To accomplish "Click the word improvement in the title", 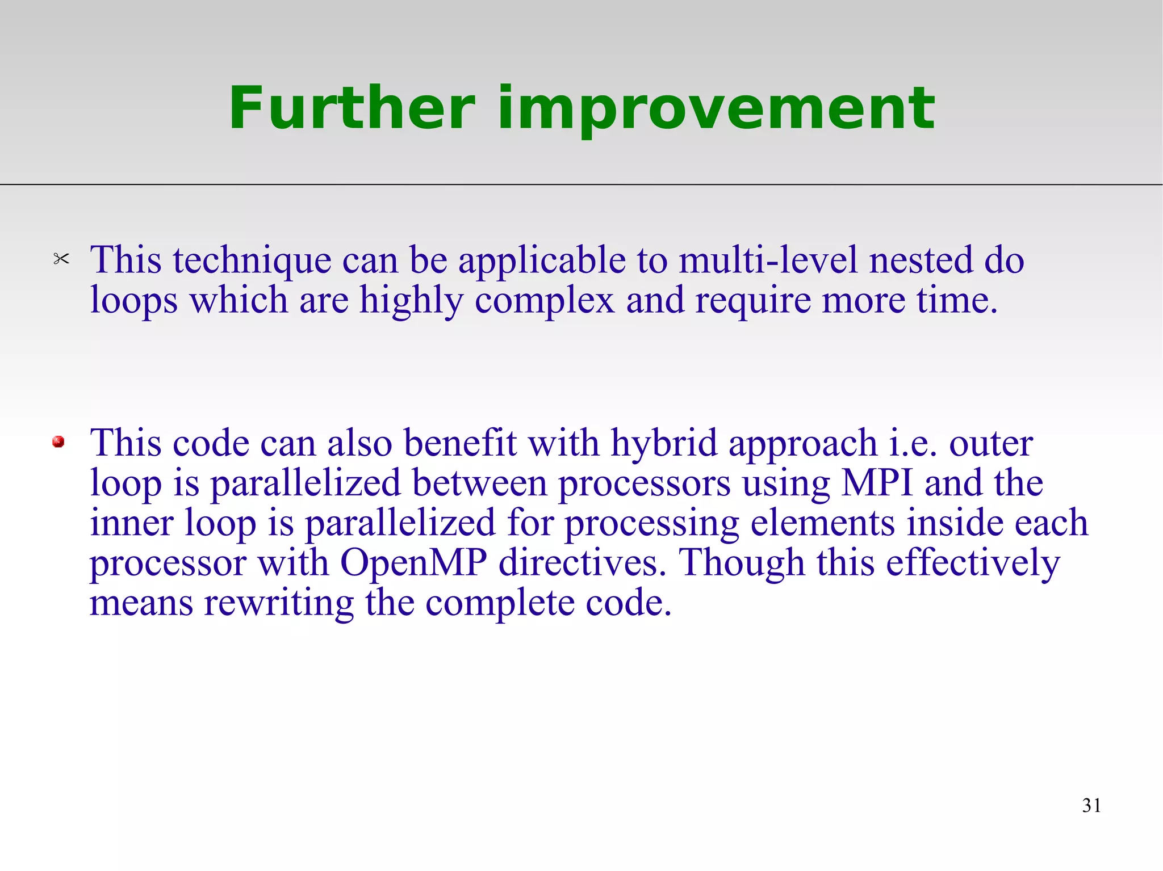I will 716,109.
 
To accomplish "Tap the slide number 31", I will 1091,805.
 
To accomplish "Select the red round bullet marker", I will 58,441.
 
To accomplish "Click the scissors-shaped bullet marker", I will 61,259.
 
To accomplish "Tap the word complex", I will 544,301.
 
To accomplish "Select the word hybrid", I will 664,444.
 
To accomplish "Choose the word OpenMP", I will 413,563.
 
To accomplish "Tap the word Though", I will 742,563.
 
